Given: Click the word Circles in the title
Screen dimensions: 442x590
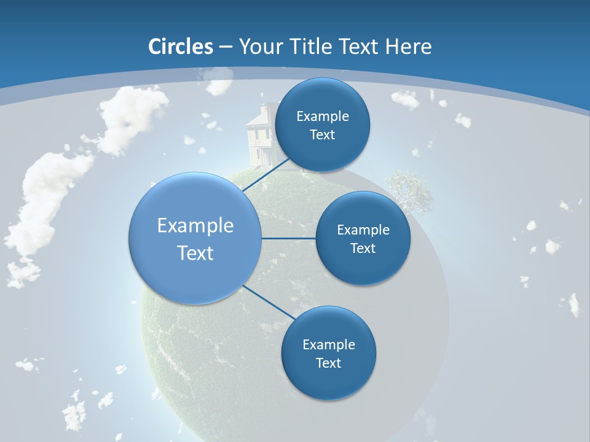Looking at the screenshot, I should coord(181,47).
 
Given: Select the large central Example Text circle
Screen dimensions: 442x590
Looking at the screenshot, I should coord(195,238).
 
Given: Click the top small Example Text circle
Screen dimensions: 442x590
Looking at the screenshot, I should coord(322,125).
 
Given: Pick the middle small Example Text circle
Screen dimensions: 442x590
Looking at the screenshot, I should coord(363,238).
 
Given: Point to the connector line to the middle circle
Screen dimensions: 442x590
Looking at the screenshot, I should coord(289,238).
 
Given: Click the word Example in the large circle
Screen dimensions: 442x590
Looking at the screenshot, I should coord(195,225).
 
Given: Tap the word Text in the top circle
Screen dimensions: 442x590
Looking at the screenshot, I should coord(322,134).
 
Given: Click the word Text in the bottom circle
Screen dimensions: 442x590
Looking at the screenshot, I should coord(328,363).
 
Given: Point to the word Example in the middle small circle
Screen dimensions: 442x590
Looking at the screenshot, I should coord(363,230).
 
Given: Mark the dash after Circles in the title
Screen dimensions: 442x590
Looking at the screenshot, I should coord(225,47).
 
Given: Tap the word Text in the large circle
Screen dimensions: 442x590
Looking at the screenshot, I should coord(195,253).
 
